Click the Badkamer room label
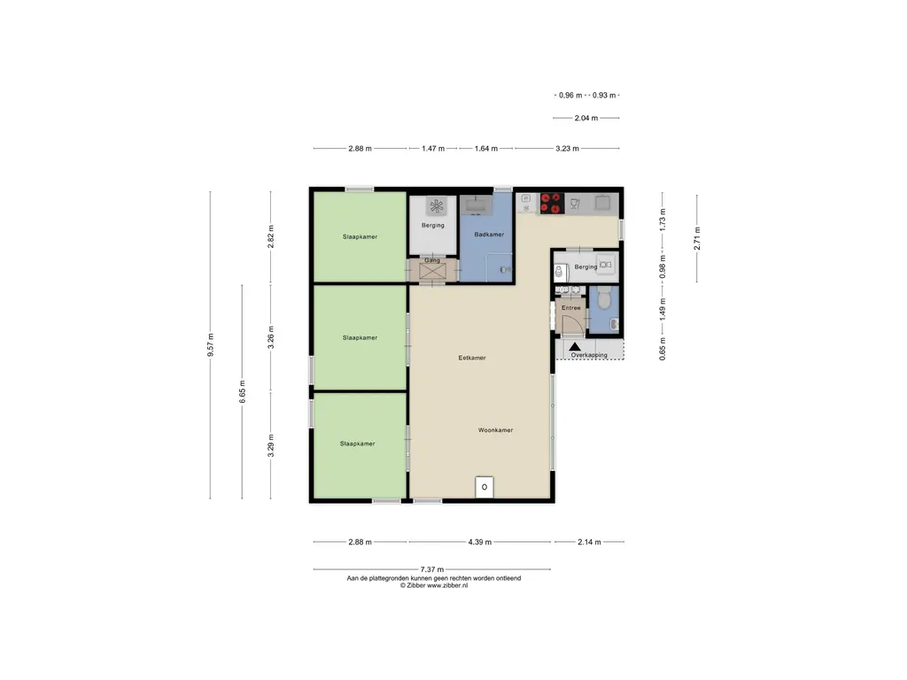point(489,234)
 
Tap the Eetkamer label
point(472,358)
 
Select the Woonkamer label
point(496,430)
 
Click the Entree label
point(571,307)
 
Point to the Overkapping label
point(589,355)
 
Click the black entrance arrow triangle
point(574,347)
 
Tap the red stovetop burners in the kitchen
point(552,204)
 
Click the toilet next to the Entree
point(604,298)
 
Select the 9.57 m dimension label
point(211,344)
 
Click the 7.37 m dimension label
point(432,569)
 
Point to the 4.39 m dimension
point(479,542)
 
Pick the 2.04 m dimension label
point(586,118)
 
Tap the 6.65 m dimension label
point(243,391)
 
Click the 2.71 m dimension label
point(697,238)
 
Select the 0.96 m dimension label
point(570,96)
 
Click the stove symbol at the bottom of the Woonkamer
point(485,487)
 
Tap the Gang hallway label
point(432,260)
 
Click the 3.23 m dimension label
point(567,149)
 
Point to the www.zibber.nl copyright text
point(434,585)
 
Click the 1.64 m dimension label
point(486,149)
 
